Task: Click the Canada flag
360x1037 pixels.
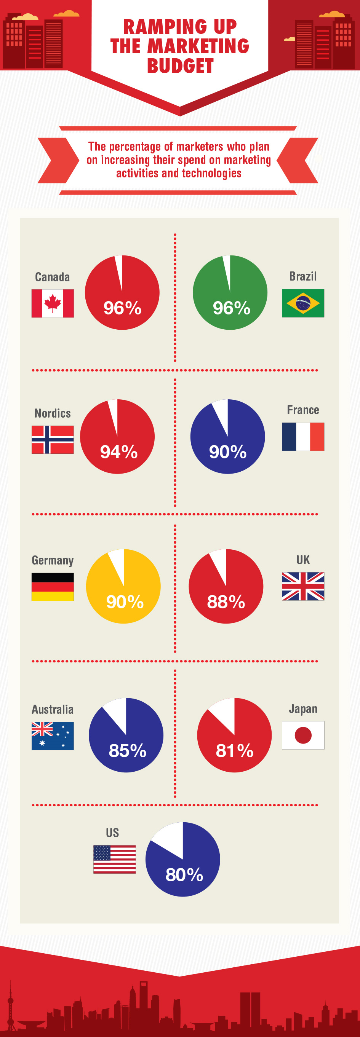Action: click(x=52, y=303)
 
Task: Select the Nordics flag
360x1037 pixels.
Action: click(x=52, y=439)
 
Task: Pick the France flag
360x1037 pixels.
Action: click(x=303, y=436)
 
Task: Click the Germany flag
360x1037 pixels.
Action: click(x=52, y=587)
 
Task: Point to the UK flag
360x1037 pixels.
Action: click(x=303, y=586)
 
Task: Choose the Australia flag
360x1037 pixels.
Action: click(x=52, y=735)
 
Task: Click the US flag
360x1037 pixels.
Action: click(x=114, y=859)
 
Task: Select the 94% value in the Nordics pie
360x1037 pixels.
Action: click(x=119, y=451)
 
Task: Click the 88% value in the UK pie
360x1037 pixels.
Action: click(x=226, y=602)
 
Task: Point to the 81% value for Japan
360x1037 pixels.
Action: click(x=234, y=750)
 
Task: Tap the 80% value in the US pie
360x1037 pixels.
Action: click(x=184, y=875)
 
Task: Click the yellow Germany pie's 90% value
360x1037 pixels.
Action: click(x=125, y=602)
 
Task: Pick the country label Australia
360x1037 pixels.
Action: click(x=52, y=709)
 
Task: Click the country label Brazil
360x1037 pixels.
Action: click(x=303, y=276)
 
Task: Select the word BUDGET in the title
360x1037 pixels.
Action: click(x=180, y=66)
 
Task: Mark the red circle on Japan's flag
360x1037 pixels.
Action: click(x=303, y=735)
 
